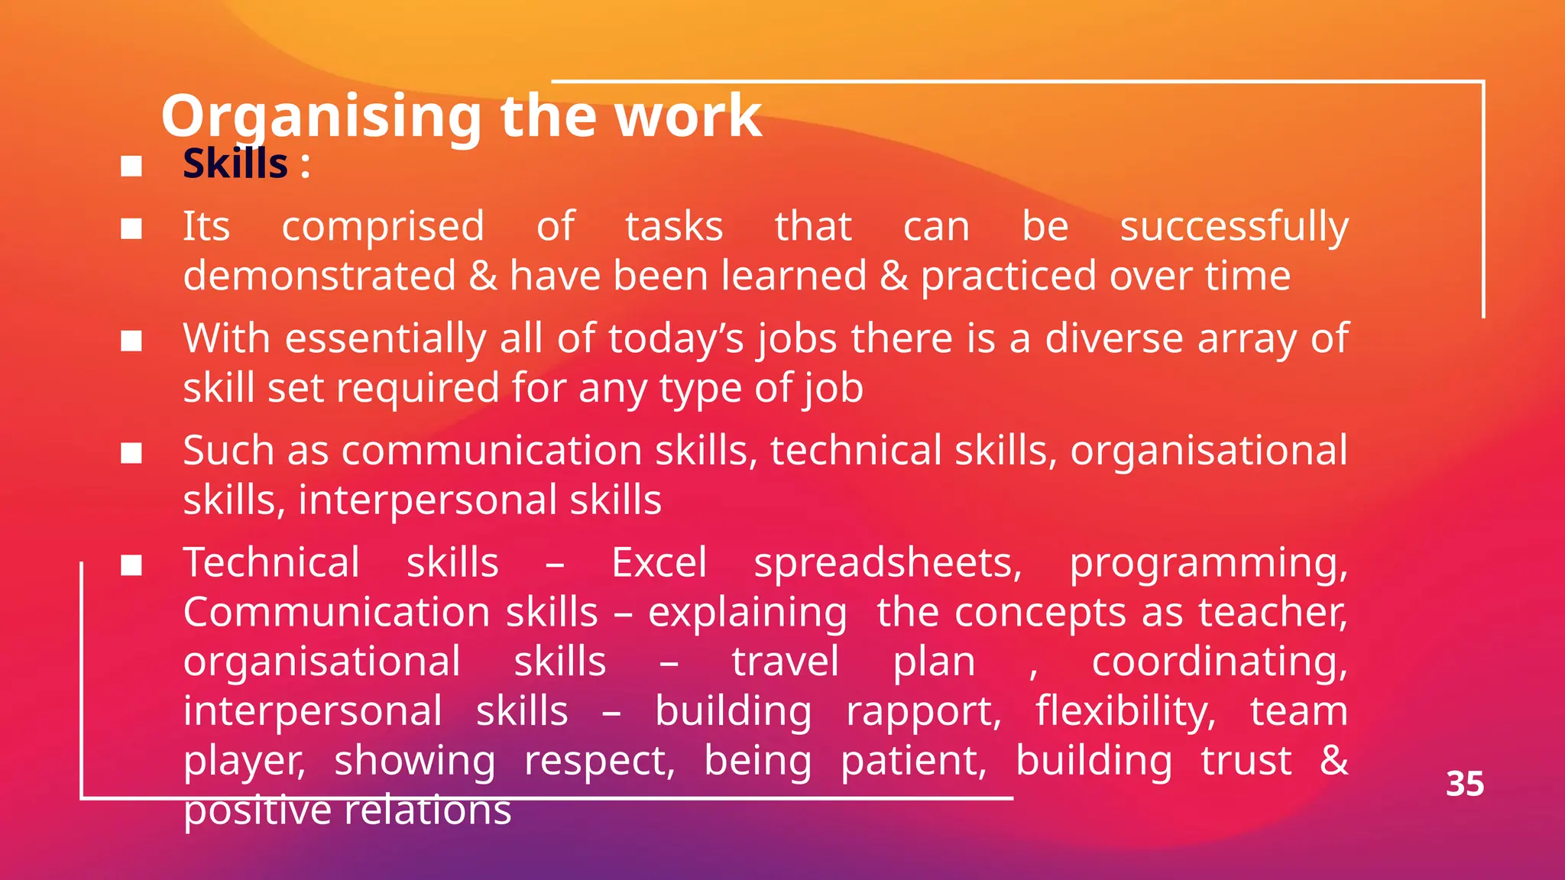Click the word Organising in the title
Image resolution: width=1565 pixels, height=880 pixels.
[322, 117]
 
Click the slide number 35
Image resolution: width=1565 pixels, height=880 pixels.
[1464, 784]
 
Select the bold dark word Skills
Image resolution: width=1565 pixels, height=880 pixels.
[235, 163]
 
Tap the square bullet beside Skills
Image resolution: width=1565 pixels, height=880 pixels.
[131, 166]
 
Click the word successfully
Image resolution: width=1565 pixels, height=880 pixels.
[1233, 227]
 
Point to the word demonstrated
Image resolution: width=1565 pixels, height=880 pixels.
[319, 276]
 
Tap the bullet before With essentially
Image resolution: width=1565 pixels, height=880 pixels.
[131, 341]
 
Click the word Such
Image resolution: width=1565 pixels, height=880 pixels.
[228, 450]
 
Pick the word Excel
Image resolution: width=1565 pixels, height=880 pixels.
[659, 563]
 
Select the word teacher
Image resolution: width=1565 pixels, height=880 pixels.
[1272, 613]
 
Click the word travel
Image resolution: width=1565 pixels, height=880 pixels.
[785, 662]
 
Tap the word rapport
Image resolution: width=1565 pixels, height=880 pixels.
[922, 712]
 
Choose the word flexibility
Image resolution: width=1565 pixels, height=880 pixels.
[1124, 712]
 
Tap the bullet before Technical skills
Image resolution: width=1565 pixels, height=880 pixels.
[131, 565]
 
